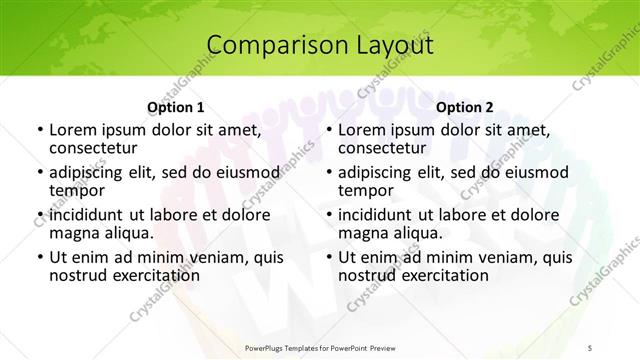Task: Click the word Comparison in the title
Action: (271, 45)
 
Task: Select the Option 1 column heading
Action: (176, 107)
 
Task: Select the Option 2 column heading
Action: (465, 107)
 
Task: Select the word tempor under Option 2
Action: (364, 191)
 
